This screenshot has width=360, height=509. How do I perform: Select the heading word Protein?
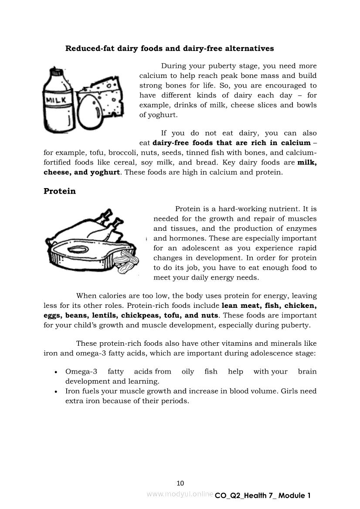(x=60, y=191)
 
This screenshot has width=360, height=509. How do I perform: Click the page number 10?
(x=180, y=483)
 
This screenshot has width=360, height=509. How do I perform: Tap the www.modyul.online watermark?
(x=180, y=494)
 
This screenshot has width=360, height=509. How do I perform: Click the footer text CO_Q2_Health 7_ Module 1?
(x=263, y=496)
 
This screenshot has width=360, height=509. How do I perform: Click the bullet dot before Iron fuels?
(x=56, y=392)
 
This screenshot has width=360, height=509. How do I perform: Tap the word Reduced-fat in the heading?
(x=90, y=48)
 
